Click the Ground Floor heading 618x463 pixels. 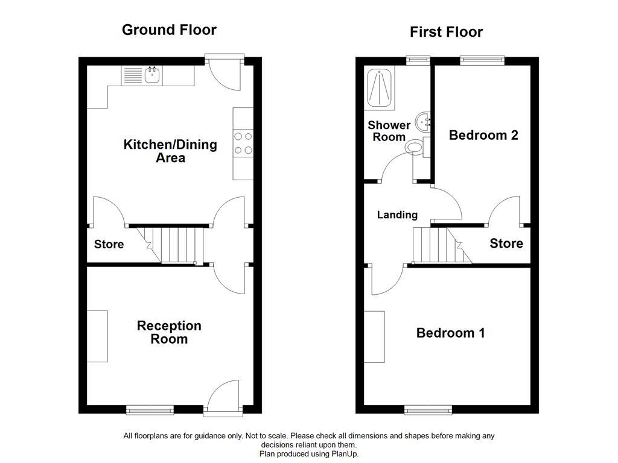[x=169, y=30]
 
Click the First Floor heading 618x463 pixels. [x=446, y=32]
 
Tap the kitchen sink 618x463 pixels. [x=152, y=75]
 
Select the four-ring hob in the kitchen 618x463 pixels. [x=243, y=143]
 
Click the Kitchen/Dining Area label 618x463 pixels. [x=170, y=151]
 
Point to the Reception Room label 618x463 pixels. [x=169, y=332]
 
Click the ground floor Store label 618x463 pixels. [x=109, y=244]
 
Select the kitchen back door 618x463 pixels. [x=224, y=72]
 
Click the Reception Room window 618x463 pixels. [x=150, y=410]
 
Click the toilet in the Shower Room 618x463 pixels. [x=416, y=146]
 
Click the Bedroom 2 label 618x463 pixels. [x=483, y=135]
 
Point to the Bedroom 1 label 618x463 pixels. [x=450, y=333]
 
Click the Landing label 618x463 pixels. [x=397, y=215]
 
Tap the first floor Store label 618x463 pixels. [x=506, y=244]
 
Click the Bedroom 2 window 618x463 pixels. [x=482, y=60]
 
